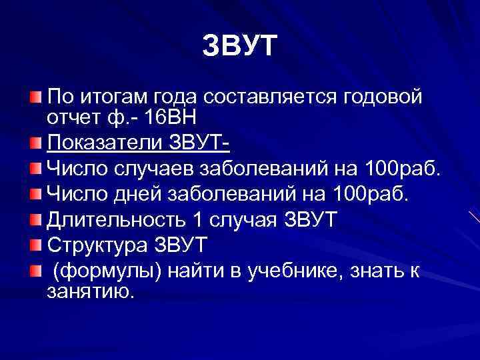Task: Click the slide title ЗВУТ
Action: point(239,47)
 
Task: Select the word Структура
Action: point(94,244)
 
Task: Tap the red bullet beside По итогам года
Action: point(35,98)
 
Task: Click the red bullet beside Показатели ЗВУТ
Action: point(35,142)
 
